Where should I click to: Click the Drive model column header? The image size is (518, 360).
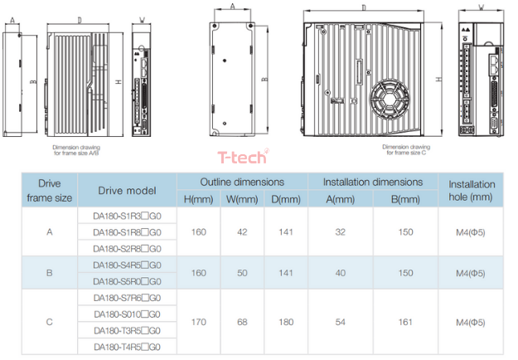coord(127,191)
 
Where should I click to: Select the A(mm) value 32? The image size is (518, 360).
coord(340,232)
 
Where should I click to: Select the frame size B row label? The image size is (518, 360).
coord(50,273)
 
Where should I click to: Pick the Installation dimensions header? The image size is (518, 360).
coord(373,182)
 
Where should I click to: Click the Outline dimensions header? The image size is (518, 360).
coord(242,182)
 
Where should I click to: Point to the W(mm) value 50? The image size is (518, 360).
coord(242,273)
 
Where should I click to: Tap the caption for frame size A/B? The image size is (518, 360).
coord(77,151)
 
